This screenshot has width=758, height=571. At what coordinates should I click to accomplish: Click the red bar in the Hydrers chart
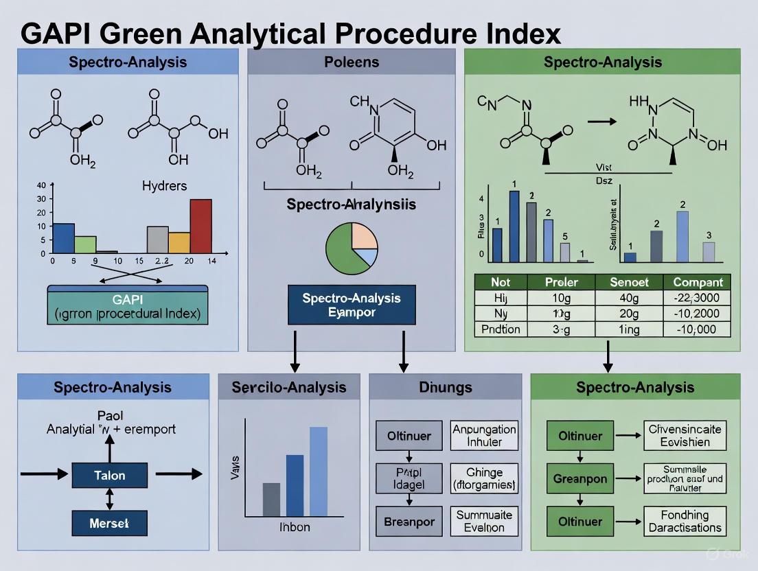pyautogui.click(x=200, y=226)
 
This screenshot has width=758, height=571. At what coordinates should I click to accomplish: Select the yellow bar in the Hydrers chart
pyautogui.click(x=179, y=242)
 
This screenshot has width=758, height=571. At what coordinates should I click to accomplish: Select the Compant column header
pyautogui.click(x=698, y=282)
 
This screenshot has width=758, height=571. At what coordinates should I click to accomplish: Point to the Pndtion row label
pyautogui.click(x=502, y=329)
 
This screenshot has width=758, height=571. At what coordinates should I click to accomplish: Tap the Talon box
pyautogui.click(x=110, y=474)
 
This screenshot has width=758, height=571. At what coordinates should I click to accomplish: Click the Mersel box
pyautogui.click(x=110, y=523)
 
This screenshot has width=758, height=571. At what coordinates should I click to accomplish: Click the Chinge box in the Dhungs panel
pyautogui.click(x=484, y=479)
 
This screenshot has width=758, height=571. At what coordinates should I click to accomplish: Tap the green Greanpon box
pyautogui.click(x=580, y=479)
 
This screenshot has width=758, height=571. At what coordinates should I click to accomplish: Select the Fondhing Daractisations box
pyautogui.click(x=685, y=522)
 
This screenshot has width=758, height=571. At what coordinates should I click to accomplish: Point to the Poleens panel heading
pyautogui.click(x=351, y=62)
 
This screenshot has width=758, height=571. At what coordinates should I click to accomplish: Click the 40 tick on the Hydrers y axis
pyautogui.click(x=41, y=185)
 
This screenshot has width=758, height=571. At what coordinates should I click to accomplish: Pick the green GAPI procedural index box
pyautogui.click(x=128, y=305)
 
